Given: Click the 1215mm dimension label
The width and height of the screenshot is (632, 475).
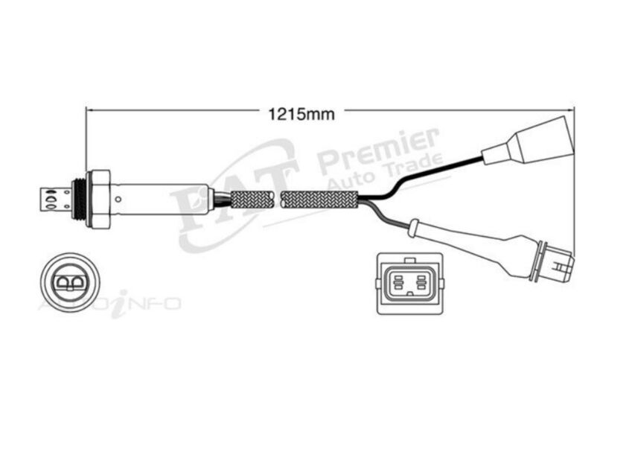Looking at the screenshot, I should click(301, 114).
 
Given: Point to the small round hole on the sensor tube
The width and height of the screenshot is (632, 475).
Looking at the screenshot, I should click(117, 200).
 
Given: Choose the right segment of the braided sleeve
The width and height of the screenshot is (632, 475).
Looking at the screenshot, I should click(321, 200).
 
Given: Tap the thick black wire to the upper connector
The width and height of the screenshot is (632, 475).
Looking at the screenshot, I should click(432, 173).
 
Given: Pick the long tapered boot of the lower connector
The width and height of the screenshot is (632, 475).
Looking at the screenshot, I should click(476, 242).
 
